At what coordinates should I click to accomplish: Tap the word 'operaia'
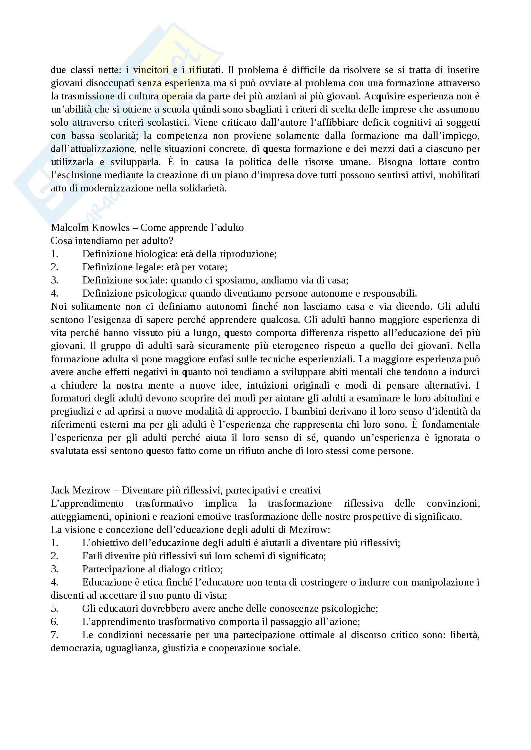click(x=177, y=97)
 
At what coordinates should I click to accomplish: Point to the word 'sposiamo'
click(x=235, y=280)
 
